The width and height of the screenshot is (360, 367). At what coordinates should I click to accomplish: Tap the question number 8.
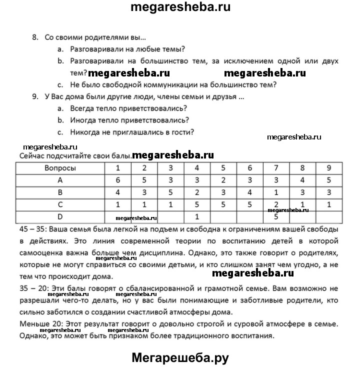click(34, 37)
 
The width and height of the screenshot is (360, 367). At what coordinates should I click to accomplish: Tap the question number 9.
click(34, 96)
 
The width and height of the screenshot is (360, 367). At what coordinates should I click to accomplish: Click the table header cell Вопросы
click(60, 168)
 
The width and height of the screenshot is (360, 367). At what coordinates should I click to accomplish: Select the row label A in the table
click(60, 180)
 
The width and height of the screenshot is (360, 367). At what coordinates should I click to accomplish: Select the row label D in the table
click(60, 216)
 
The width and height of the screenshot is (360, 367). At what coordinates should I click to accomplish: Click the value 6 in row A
click(117, 180)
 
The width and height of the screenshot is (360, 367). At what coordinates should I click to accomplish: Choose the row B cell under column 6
click(250, 192)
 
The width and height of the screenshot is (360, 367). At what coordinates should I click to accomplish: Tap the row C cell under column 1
click(117, 204)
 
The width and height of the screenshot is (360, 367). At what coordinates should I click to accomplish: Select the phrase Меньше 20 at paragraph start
click(39, 324)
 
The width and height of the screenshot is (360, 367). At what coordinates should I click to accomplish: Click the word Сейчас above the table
click(32, 156)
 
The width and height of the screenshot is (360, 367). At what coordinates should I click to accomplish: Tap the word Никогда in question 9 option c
click(86, 132)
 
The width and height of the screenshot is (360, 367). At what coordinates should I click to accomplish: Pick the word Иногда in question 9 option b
click(84, 120)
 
